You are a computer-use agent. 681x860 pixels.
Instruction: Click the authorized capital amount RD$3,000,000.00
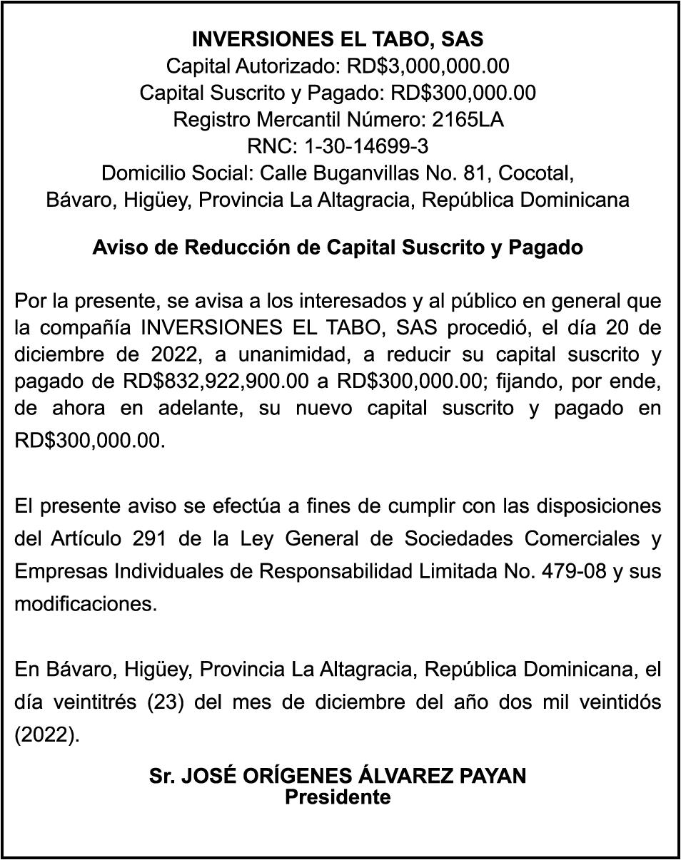point(428,66)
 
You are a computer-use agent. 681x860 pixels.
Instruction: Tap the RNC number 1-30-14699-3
point(365,146)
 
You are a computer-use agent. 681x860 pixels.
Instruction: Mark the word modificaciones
point(85,605)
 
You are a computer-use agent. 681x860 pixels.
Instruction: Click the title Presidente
point(338,797)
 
